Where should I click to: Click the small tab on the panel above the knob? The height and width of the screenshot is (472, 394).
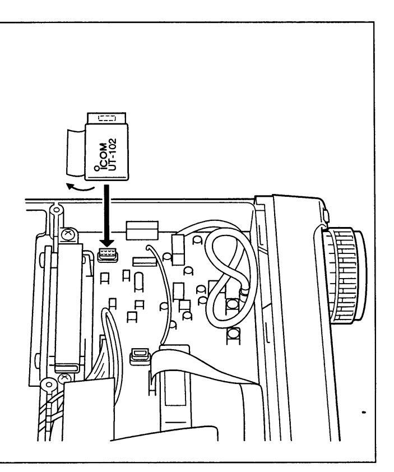point(326,216)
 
